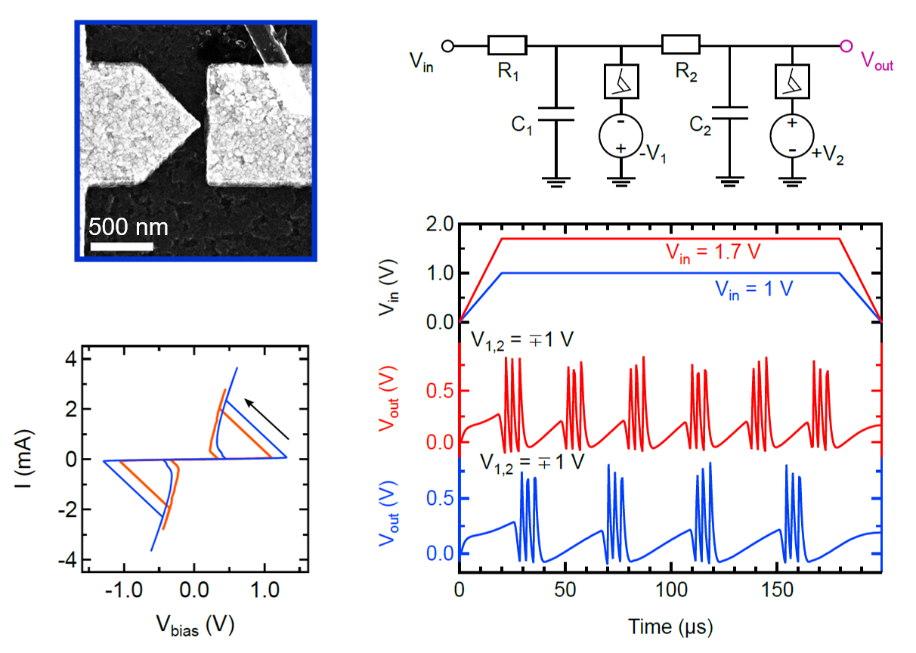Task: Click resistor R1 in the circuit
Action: (x=507, y=46)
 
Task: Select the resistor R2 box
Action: (x=680, y=46)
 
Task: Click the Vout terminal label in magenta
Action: (x=877, y=64)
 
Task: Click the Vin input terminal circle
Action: (x=447, y=46)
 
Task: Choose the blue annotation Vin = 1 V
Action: (x=752, y=289)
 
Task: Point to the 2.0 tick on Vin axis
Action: (x=441, y=224)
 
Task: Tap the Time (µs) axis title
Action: (x=669, y=627)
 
